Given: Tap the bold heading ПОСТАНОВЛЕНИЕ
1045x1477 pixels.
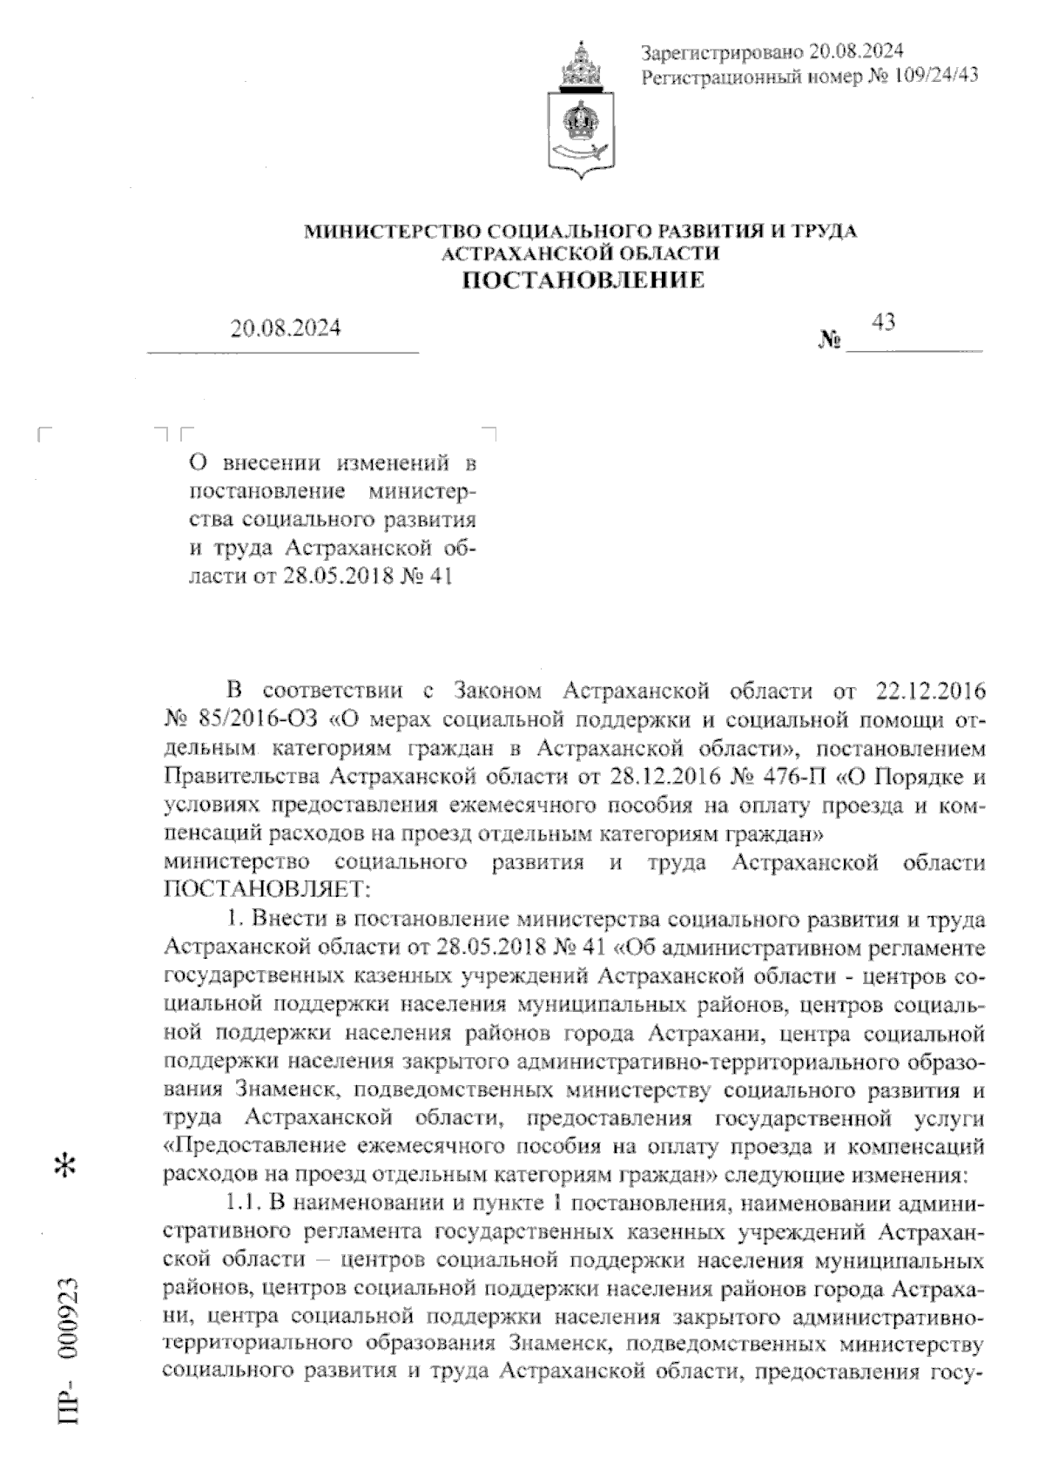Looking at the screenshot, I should click(581, 280).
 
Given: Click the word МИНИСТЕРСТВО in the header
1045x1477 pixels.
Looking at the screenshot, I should click(391, 231).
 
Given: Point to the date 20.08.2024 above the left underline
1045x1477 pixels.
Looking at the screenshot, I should click(286, 328).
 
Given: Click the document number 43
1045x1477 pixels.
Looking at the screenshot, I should click(883, 323).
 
